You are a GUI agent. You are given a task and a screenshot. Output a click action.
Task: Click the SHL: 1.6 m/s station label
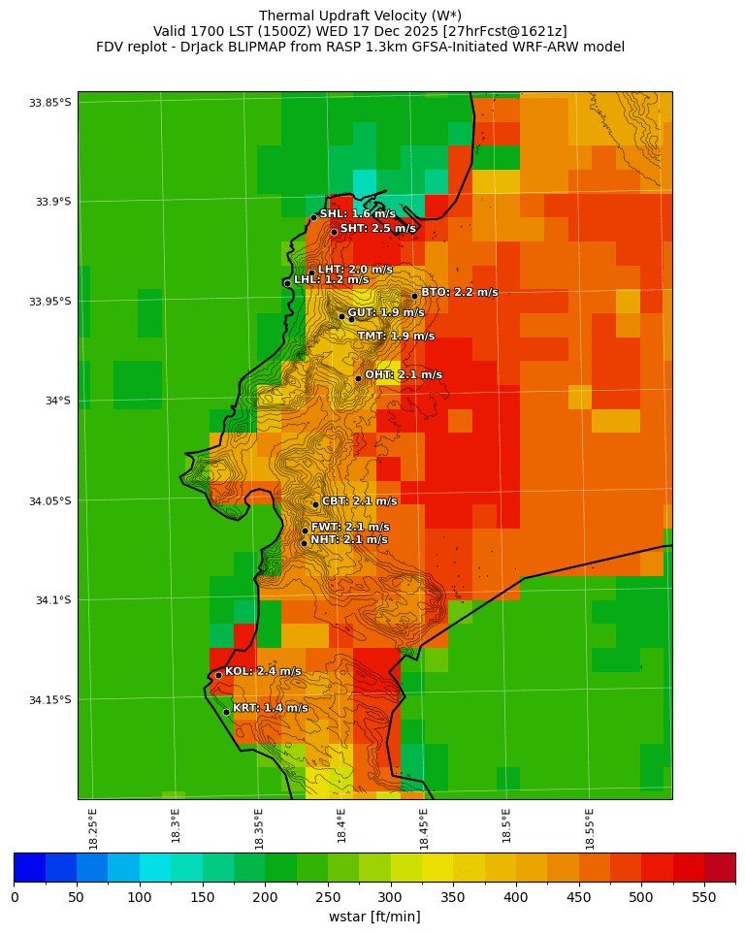(x=357, y=213)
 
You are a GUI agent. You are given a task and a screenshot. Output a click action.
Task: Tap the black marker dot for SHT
(x=334, y=232)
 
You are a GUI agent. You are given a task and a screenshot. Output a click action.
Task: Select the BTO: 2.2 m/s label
(x=459, y=292)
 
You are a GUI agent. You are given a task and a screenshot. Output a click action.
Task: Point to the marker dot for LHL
(x=287, y=283)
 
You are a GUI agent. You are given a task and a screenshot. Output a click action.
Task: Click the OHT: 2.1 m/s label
(x=403, y=374)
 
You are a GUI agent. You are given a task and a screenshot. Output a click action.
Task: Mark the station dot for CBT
(x=315, y=504)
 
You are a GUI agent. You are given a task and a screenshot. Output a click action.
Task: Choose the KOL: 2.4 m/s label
(x=263, y=671)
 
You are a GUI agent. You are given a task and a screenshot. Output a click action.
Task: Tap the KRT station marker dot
(x=226, y=712)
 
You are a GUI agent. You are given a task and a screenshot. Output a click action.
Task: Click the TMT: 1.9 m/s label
(x=396, y=337)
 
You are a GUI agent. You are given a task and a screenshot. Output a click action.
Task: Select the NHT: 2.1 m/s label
(x=348, y=539)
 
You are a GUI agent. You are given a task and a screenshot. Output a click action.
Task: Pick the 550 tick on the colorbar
(x=704, y=897)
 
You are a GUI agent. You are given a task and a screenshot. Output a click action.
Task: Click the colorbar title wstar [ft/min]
(x=374, y=917)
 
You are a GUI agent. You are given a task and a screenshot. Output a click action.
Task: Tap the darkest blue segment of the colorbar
(x=29, y=867)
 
